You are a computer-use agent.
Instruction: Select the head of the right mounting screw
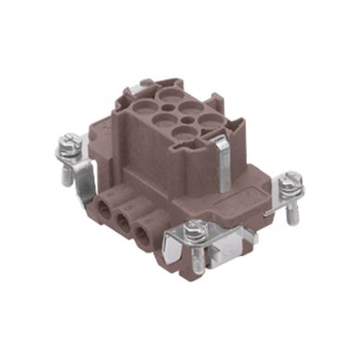tap(290, 178)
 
